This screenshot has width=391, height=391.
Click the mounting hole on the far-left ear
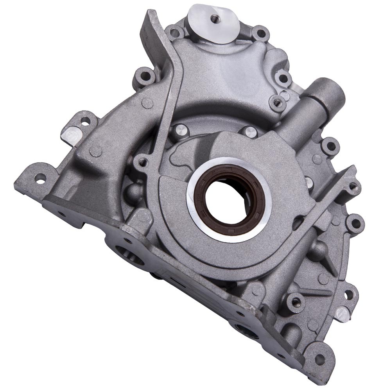39,181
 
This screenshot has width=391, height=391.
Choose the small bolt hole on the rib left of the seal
142,160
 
